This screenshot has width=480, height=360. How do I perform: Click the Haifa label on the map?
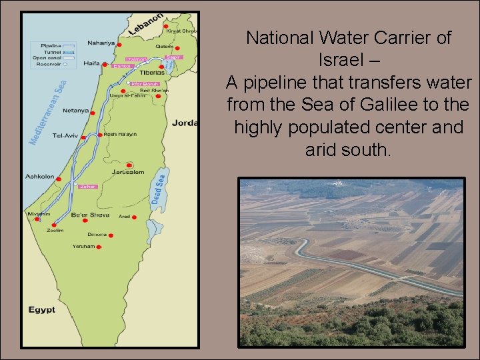coord(92,63)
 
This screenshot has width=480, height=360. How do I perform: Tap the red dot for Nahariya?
coord(119,44)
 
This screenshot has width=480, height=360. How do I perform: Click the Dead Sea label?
coord(159,189)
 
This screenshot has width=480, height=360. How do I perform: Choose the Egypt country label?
coord(42,310)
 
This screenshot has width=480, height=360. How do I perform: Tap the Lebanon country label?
coord(145,25)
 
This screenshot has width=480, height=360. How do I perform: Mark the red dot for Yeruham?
coord(99,247)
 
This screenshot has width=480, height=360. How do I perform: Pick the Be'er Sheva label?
coord(90,215)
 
